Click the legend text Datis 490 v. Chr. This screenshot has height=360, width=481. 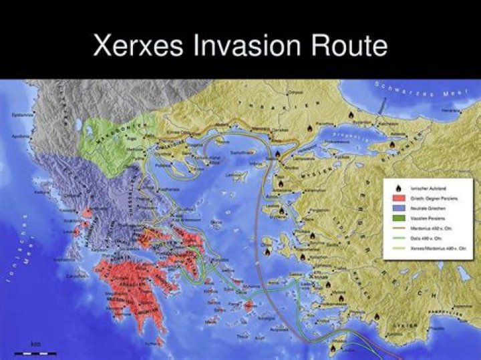[425, 238]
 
